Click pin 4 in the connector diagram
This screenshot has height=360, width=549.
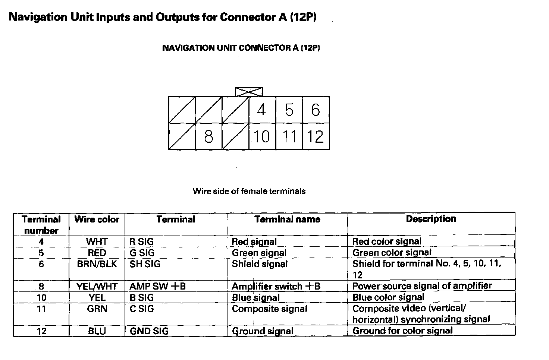pyautogui.click(x=262, y=110)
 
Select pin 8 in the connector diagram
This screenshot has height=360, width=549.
pyautogui.click(x=208, y=136)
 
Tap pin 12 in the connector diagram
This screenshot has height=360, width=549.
pyautogui.click(x=316, y=136)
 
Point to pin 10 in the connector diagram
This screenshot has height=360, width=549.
pyautogui.click(x=262, y=136)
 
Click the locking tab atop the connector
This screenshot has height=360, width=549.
pyautogui.click(x=249, y=92)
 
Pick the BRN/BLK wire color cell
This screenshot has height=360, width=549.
pyautogui.click(x=97, y=264)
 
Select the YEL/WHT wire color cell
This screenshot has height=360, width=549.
pyautogui.click(x=97, y=286)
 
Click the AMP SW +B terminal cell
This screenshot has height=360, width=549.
pyautogui.click(x=157, y=286)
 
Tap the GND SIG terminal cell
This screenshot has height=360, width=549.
pyautogui.click(x=149, y=331)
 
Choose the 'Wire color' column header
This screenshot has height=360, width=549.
pyautogui.click(x=97, y=219)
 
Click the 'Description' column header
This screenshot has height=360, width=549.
pyautogui.click(x=431, y=219)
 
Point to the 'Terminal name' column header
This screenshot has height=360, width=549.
pyautogui.click(x=287, y=219)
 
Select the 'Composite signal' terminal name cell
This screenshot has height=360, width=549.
pyautogui.click(x=269, y=309)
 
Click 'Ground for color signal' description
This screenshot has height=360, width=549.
pyautogui.click(x=402, y=331)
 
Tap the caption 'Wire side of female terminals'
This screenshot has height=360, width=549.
pyautogui.click(x=249, y=191)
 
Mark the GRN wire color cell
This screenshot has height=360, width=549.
pyautogui.click(x=97, y=309)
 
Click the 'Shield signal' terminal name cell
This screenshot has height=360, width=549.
pyautogui.click(x=260, y=264)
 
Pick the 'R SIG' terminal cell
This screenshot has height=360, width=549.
pyautogui.click(x=141, y=241)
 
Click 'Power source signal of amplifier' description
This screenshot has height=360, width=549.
pyautogui.click(x=422, y=286)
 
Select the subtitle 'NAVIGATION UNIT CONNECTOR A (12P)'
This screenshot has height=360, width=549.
pyautogui.click(x=241, y=48)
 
